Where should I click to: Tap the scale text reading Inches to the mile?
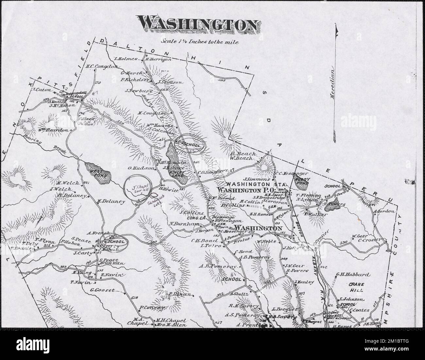[200, 42]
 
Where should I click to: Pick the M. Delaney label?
[111, 202]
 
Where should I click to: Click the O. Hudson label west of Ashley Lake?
[141, 168]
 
